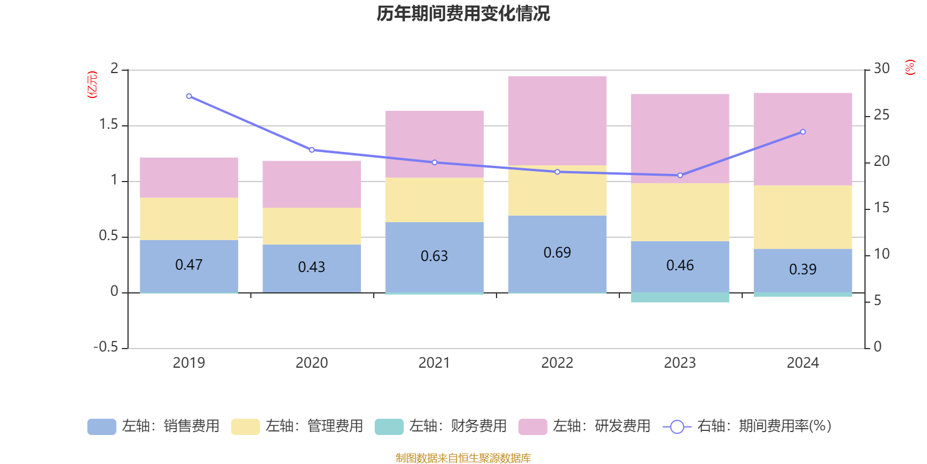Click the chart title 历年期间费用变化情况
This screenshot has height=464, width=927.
pyautogui.click(x=463, y=13)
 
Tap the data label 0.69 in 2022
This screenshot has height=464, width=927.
pyautogui.click(x=557, y=253)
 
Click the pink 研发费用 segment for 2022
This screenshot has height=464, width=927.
pyautogui.click(x=557, y=120)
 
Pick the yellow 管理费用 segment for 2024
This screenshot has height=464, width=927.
pyautogui.click(x=802, y=217)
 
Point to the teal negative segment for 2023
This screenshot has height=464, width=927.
pyautogui.click(x=680, y=298)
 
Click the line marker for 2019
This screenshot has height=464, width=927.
pyautogui.click(x=189, y=96)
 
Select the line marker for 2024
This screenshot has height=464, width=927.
pyautogui.click(x=802, y=132)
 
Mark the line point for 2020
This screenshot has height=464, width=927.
pyautogui.click(x=312, y=150)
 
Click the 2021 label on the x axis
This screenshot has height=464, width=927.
pyautogui.click(x=434, y=362)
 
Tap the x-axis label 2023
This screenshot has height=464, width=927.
pyautogui.click(x=680, y=362)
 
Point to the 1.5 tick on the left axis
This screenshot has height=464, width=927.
pyautogui.click(x=109, y=125)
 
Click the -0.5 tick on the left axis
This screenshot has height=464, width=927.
pyautogui.click(x=106, y=347)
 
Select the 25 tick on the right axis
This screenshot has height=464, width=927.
pyautogui.click(x=881, y=115)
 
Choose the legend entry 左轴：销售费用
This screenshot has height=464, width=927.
pyautogui.click(x=154, y=426)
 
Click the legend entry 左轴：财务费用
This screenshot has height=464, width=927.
pyautogui.click(x=441, y=426)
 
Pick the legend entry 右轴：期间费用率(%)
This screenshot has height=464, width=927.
pyautogui.click(x=747, y=426)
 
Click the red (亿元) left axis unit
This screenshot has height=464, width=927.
pyautogui.click(x=92, y=85)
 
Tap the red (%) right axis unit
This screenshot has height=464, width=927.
pyautogui.click(x=910, y=67)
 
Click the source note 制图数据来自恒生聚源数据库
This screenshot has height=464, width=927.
pyautogui.click(x=463, y=458)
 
